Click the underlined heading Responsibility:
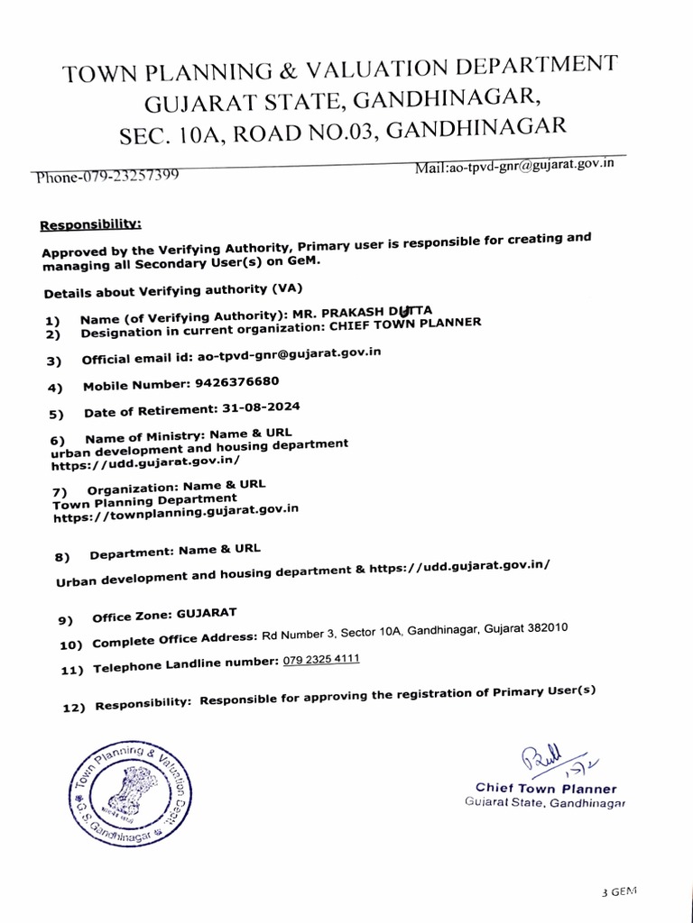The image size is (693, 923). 90,224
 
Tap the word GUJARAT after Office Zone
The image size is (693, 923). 206,614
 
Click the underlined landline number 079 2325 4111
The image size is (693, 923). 321,661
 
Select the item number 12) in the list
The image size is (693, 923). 73,708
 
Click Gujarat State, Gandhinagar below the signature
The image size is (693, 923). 545,802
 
